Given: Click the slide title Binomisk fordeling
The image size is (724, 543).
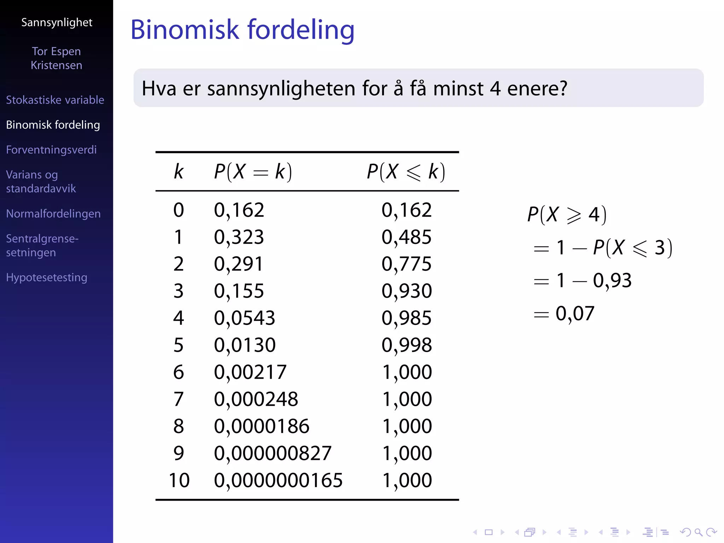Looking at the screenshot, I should coord(242,30).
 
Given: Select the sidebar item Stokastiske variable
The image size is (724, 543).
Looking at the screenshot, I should coord(55,100).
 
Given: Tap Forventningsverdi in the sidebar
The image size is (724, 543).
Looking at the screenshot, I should coord(51,150).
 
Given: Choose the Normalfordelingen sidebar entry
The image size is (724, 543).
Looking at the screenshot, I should coord(53,214).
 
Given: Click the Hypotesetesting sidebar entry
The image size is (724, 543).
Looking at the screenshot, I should coord(47,278).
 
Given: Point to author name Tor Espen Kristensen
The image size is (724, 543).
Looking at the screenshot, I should coord(57,58).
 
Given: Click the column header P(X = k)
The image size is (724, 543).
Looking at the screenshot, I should coord(253,172).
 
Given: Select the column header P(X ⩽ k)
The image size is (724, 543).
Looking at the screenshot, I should coord(406,172).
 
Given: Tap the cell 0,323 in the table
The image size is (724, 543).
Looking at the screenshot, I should coord(239,237).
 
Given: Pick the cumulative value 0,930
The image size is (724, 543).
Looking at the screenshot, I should coord(407,291).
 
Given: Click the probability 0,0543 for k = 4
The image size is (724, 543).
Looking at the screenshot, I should coord(244,318).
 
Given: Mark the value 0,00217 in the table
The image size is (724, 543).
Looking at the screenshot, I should coord(250,372).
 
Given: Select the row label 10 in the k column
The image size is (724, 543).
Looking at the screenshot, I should coord(179,480).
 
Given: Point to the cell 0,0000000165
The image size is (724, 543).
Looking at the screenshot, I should coord(278,480).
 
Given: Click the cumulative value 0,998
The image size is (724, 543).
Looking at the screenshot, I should coord(407,345).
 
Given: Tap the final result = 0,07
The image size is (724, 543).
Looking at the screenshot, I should coord(564,314).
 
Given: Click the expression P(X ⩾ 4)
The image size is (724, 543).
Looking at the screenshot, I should coord(567,215).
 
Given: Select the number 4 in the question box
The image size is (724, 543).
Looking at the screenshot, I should coord(495,88).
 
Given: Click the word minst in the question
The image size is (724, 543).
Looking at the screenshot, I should coord(458,88).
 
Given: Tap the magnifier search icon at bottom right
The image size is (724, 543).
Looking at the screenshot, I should coord(698,532).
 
